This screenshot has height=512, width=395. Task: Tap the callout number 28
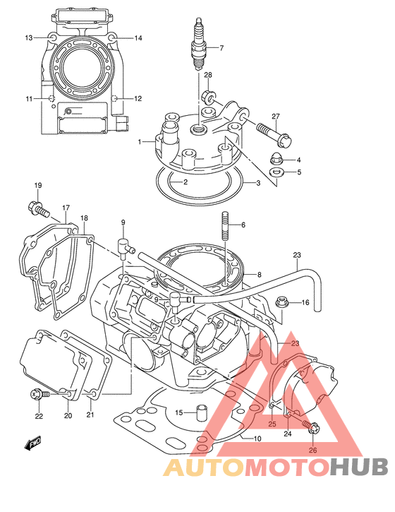coord(208,75)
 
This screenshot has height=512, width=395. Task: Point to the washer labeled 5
coord(276,172)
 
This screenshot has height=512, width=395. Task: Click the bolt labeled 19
coord(39,208)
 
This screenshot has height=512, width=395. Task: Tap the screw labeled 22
coord(39,395)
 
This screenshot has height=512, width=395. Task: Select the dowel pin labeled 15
coord(200,413)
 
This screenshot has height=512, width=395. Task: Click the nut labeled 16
coord(282,303)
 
